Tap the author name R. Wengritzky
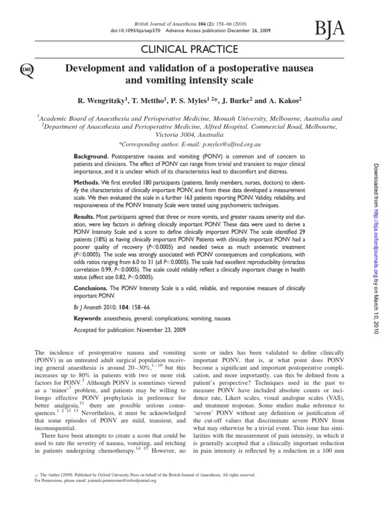(x=102, y=100)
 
